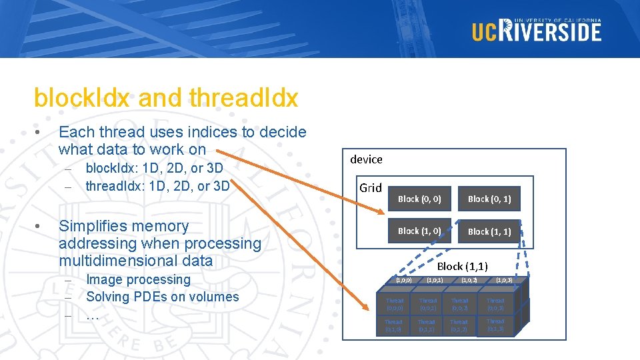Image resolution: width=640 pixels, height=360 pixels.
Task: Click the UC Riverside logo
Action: (537, 30)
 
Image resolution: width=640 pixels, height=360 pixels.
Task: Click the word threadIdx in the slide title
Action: (243, 98)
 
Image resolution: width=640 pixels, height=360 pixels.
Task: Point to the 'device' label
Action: (366, 159)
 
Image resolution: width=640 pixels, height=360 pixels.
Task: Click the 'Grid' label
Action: (371, 187)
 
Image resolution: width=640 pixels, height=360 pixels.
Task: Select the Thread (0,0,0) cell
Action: (395, 304)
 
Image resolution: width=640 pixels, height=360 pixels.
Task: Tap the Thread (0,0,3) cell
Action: (495, 304)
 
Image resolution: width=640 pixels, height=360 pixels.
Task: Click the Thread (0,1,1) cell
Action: (426, 326)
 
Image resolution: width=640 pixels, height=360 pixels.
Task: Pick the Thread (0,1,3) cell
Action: (495, 325)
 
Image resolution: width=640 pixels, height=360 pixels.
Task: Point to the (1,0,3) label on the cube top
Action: (504, 280)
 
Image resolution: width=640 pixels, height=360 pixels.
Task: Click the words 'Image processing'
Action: (138, 279)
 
